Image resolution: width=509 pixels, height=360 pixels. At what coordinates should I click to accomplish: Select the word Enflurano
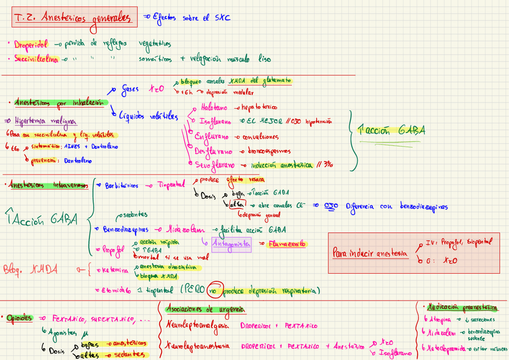pos(211,137)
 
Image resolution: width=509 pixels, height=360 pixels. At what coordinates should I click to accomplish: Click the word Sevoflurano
pos(215,164)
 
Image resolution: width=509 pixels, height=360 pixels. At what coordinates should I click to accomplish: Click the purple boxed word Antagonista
pos(231,244)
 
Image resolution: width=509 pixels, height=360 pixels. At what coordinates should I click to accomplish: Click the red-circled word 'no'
pos(213,291)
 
